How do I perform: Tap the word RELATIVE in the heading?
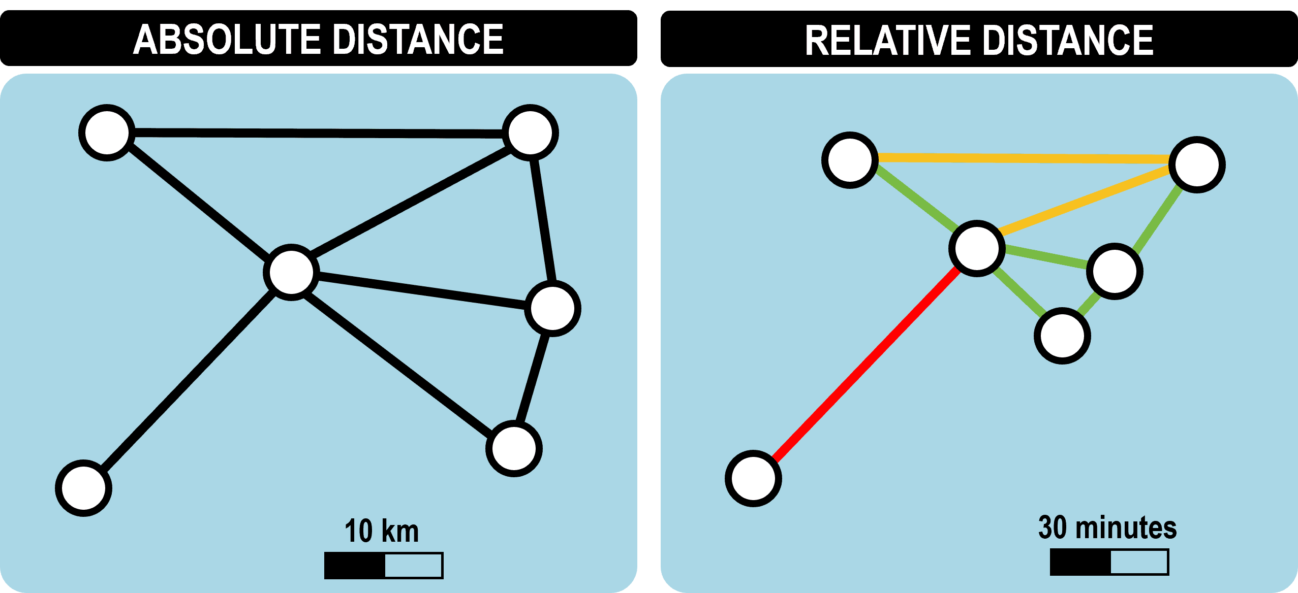point(887,40)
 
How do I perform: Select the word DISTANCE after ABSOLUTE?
point(419,39)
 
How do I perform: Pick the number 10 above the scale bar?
point(359,531)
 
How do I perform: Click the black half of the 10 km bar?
point(355,565)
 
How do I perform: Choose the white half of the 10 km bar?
point(413,565)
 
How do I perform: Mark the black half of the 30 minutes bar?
point(1080,562)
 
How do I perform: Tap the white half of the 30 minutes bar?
point(1139,562)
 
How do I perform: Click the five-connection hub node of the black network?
point(291,272)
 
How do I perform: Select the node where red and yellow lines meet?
point(977,248)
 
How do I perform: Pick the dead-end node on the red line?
point(753,478)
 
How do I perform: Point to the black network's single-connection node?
point(84,488)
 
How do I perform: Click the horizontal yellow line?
point(1022,158)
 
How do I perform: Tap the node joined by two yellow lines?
point(1197,164)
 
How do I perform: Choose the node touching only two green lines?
point(1062,336)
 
